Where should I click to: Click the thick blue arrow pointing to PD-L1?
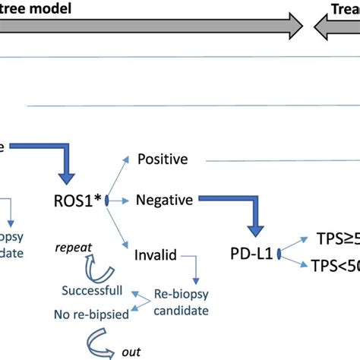point(243,213)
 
